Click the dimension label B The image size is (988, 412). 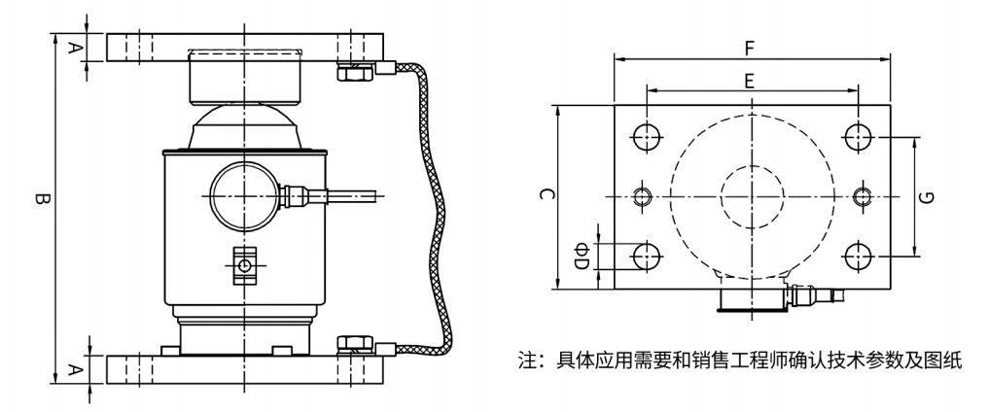click(x=40, y=201)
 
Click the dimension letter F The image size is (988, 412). click(x=749, y=45)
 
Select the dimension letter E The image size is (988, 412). click(x=749, y=83)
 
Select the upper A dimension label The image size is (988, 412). click(x=74, y=47)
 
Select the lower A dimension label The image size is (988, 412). click(x=74, y=368)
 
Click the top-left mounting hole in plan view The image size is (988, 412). click(x=644, y=136)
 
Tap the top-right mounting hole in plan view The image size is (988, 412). click(x=857, y=136)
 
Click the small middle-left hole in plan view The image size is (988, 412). click(x=643, y=196)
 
